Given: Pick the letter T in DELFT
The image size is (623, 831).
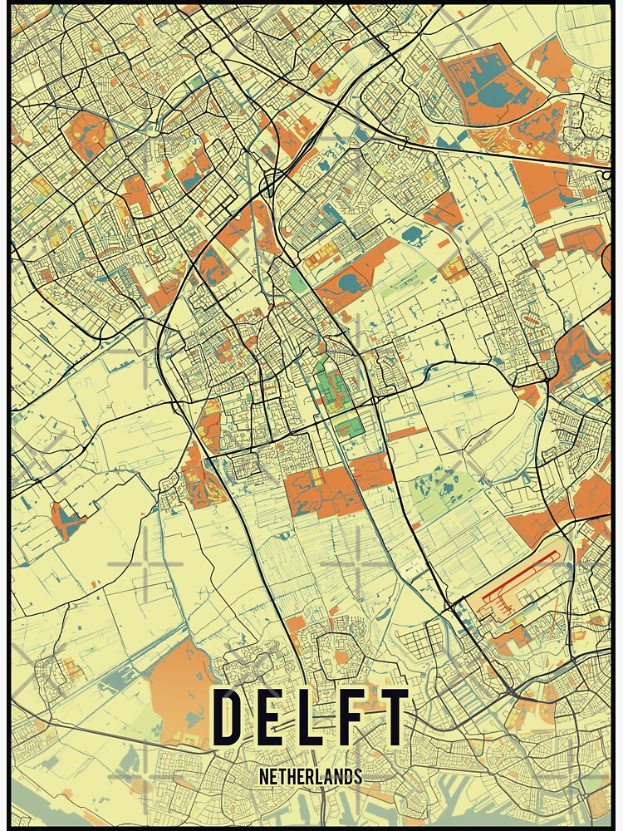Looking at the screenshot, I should (x=393, y=718).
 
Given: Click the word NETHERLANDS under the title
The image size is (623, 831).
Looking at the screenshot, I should (x=311, y=777).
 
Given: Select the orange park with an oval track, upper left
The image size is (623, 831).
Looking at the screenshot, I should (x=91, y=133).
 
